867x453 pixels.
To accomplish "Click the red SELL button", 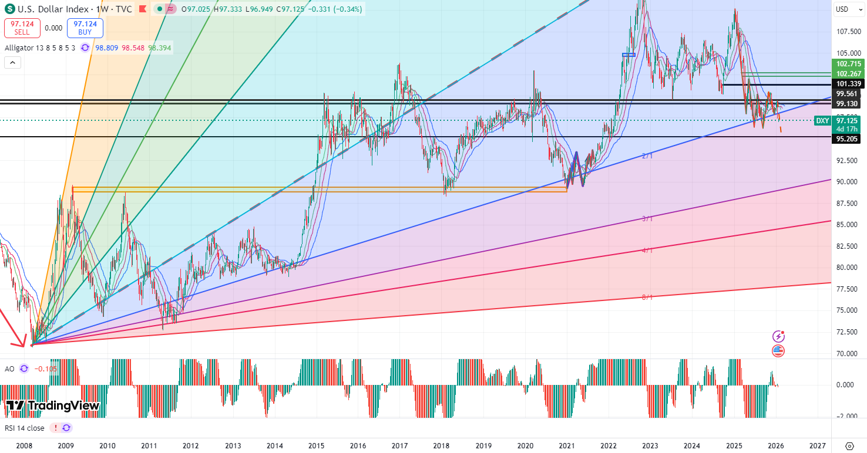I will (x=22, y=28).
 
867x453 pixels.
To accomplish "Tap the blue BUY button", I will (x=85, y=28).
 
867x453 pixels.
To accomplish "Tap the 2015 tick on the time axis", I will (x=317, y=446).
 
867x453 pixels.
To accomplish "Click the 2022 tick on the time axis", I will (x=608, y=446).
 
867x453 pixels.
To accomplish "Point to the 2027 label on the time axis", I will (x=816, y=446).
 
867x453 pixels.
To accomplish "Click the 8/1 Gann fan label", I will (x=647, y=298).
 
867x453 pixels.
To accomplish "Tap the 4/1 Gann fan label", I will (x=647, y=251).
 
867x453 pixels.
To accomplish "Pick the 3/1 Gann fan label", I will (x=647, y=219).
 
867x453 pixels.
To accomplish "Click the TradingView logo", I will (x=53, y=405).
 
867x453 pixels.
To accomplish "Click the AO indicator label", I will (x=9, y=369).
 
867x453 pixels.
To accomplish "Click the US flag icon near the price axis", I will (x=778, y=351).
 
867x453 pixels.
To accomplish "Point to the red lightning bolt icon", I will (x=778, y=336).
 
